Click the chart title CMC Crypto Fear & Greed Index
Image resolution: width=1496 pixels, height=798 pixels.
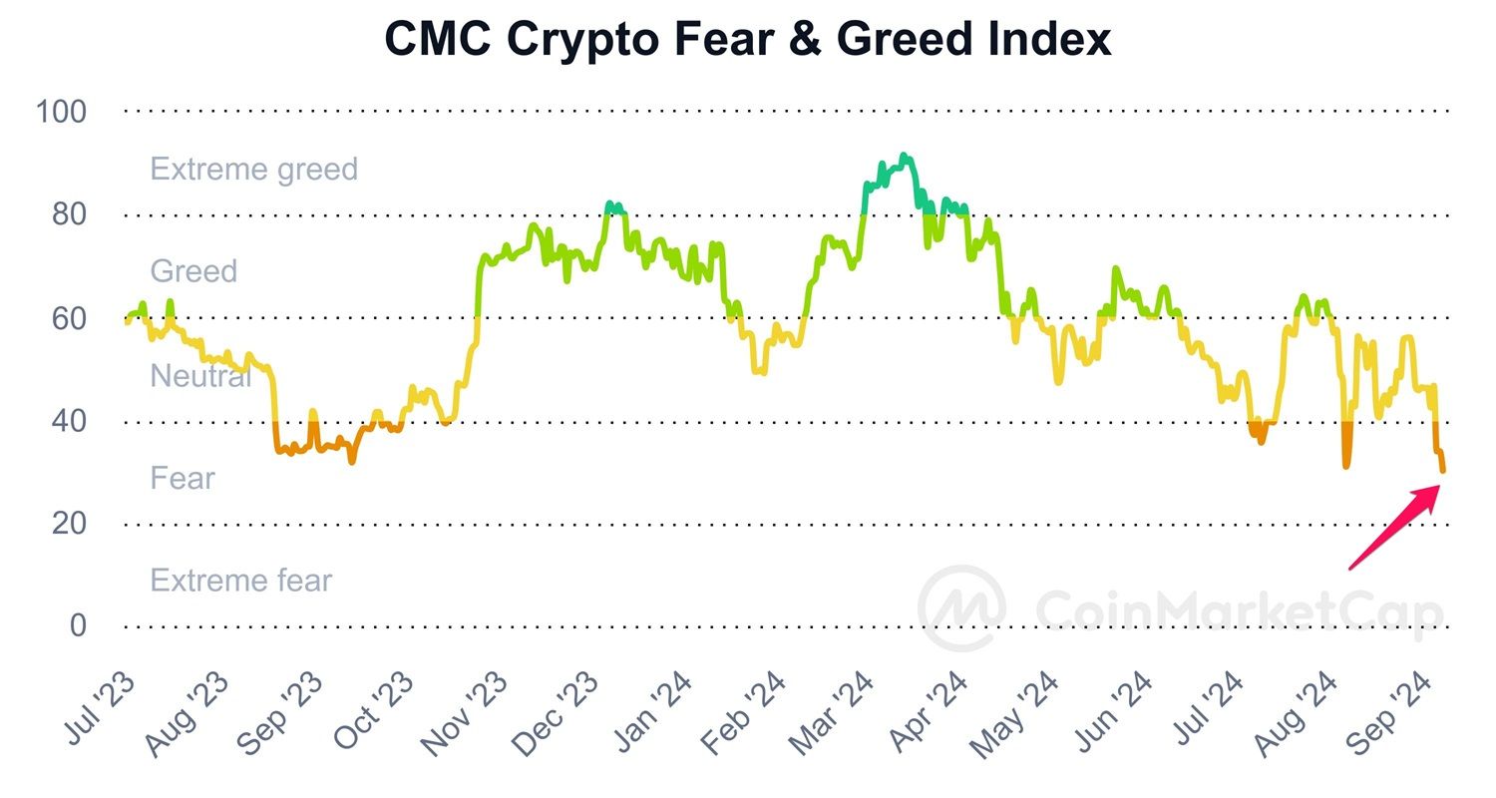point(748,40)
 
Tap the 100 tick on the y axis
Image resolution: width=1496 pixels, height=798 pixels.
point(62,112)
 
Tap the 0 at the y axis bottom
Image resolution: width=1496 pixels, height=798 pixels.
point(77,626)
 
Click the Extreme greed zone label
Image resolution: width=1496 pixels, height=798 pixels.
point(253,169)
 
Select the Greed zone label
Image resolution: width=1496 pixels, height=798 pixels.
point(193,270)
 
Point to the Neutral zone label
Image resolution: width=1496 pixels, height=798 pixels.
point(200,376)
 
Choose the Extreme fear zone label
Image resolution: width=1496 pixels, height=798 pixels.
point(240,580)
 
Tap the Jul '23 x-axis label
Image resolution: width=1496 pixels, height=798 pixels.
point(100,709)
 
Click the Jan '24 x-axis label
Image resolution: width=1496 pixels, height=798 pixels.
point(648,710)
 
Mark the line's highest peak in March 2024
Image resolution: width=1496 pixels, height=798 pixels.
point(904,156)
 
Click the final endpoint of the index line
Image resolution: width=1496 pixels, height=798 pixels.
point(1442,471)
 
